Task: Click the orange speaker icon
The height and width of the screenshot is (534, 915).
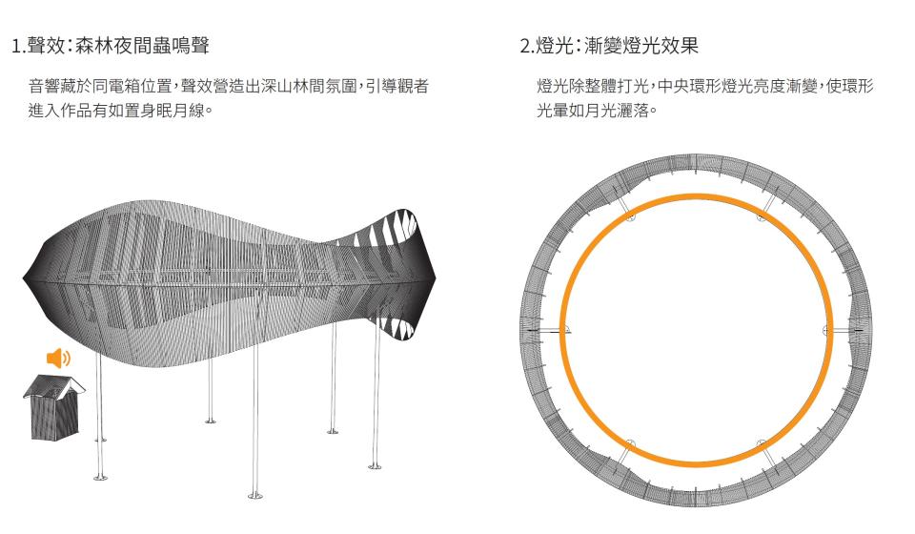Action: [58, 359]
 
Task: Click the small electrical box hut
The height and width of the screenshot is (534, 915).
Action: [51, 408]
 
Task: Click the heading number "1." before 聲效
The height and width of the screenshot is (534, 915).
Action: [18, 45]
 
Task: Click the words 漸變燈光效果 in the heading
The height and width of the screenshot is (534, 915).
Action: [649, 45]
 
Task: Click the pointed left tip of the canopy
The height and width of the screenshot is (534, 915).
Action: [24, 279]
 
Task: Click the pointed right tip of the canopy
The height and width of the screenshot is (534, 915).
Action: [436, 277]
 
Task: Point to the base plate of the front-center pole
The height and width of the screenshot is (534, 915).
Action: [254, 496]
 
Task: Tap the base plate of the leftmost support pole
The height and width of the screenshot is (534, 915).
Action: [99, 476]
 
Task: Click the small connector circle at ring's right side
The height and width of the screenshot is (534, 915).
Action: [826, 330]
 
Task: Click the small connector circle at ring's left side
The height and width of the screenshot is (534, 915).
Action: [565, 330]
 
